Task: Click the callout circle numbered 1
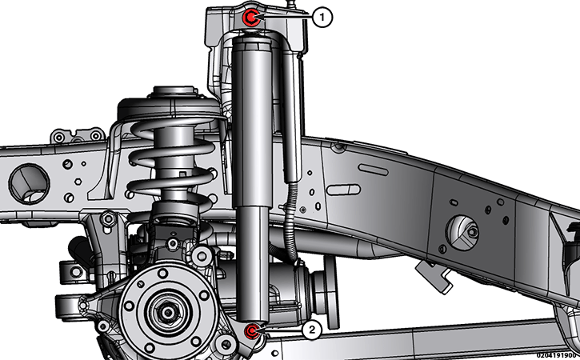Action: coord(322,17)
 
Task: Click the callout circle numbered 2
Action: coord(312,330)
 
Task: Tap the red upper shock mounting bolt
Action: coord(250,17)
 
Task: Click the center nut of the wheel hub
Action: coord(168,313)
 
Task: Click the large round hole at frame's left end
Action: coord(29,184)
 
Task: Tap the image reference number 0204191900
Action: coord(557,355)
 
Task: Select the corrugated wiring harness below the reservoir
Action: coord(292,222)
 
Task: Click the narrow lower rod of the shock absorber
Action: coord(253,263)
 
